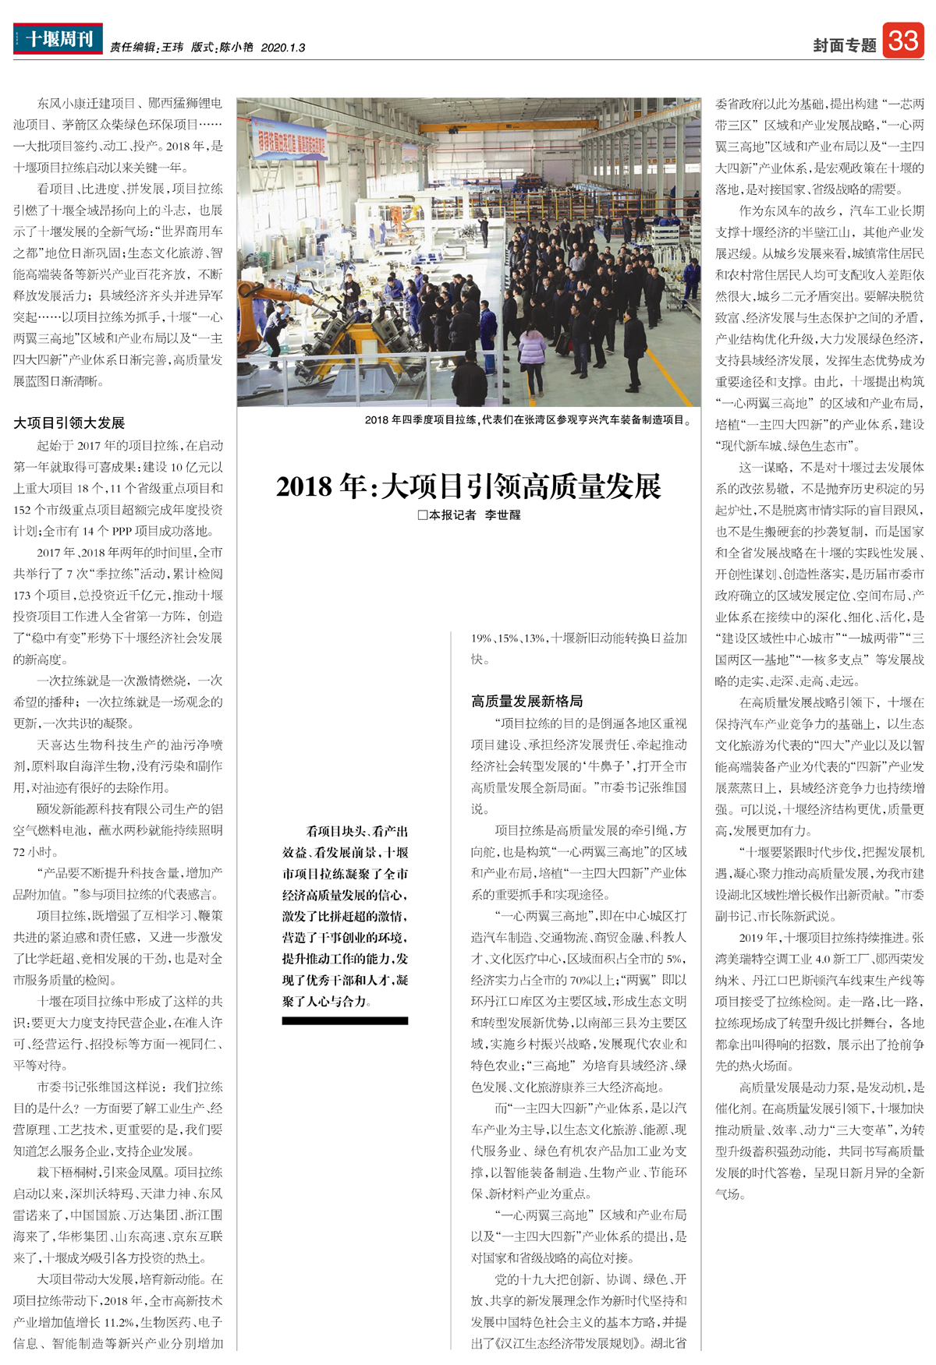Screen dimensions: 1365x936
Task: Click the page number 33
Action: point(903,40)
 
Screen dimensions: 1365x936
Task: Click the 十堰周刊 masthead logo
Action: point(58,39)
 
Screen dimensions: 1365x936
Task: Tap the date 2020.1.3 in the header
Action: point(282,48)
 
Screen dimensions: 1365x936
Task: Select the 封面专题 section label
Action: point(845,46)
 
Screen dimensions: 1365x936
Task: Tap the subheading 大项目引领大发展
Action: point(69,423)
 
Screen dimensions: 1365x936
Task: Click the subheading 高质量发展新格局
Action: point(526,701)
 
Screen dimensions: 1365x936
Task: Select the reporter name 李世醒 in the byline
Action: point(502,515)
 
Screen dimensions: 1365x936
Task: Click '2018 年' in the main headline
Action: point(321,486)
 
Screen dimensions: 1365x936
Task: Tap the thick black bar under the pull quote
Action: point(345,1020)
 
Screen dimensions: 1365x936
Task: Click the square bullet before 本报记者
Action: point(422,515)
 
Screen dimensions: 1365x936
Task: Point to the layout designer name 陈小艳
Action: point(236,48)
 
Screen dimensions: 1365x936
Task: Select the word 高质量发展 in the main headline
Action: point(592,486)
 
